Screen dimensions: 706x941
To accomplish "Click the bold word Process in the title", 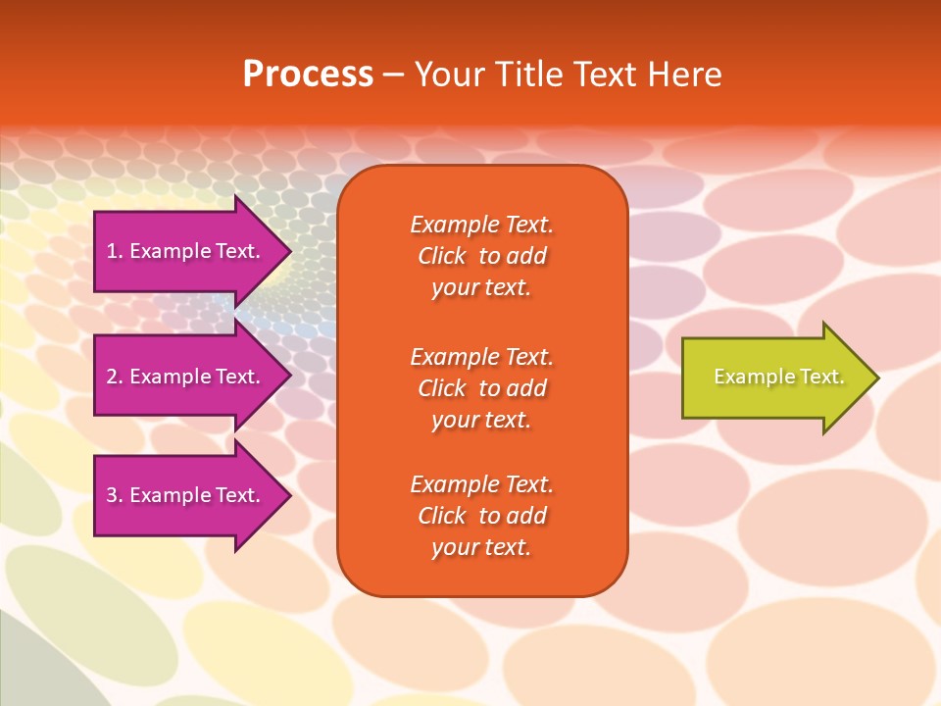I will [308, 74].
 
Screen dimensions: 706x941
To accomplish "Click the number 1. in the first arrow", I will [115, 251].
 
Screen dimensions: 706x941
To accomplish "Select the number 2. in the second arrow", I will [115, 377].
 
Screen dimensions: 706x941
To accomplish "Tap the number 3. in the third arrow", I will [115, 495].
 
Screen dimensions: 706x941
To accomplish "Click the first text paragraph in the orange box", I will [481, 256].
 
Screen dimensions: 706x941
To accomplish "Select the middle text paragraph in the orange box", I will [481, 388].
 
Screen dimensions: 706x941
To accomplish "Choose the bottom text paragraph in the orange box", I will [481, 516].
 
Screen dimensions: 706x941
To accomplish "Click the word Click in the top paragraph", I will [441, 256].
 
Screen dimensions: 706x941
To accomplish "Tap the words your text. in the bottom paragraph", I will [481, 547].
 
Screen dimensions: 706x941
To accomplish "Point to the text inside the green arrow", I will [778, 377].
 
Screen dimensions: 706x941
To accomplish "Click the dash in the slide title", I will [393, 75].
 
